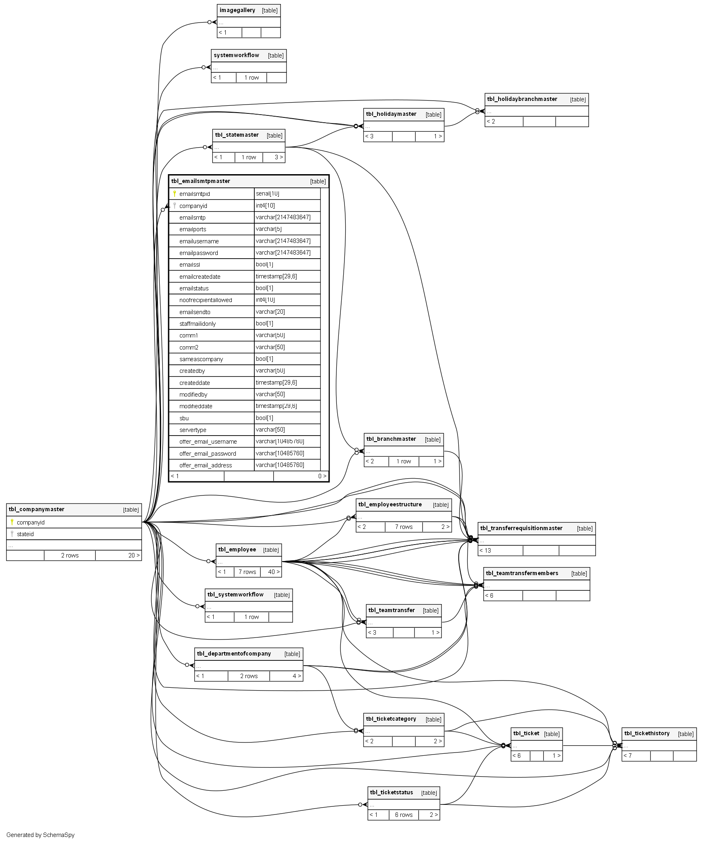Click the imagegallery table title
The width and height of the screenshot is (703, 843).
(237, 10)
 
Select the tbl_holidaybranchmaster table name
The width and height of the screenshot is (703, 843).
(522, 99)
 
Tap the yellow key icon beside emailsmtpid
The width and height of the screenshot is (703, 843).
(175, 194)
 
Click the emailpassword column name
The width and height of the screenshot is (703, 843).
(199, 253)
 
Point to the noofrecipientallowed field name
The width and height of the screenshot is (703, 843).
(206, 300)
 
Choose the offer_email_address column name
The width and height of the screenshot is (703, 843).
(206, 465)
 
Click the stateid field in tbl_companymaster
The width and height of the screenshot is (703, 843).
(25, 534)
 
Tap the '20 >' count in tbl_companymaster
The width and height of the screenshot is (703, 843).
(134, 555)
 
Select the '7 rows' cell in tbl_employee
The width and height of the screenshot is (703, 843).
(247, 572)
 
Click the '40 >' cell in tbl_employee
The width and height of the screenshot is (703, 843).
(274, 572)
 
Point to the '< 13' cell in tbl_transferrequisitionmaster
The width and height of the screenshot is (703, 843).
(485, 551)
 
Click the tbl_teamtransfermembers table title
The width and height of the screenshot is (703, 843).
(522, 574)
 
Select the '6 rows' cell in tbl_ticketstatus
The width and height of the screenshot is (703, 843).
(404, 815)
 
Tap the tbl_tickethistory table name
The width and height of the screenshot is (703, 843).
(647, 734)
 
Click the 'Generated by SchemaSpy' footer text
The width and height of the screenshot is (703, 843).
(41, 835)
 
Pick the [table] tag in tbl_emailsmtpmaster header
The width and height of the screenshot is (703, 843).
(318, 182)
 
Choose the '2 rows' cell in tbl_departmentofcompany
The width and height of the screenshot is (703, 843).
(249, 676)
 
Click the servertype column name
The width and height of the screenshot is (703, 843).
(193, 430)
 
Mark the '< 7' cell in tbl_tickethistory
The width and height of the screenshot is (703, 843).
(628, 756)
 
